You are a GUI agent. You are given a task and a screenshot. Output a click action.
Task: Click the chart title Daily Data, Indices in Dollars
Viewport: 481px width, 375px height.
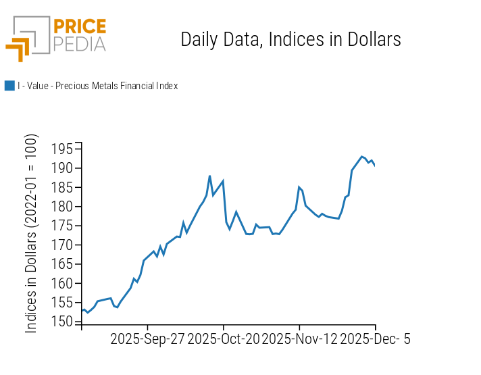click(290, 39)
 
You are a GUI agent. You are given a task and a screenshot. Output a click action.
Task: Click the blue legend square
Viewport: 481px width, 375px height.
click(9, 86)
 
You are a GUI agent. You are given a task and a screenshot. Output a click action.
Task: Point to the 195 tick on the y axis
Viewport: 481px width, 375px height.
click(62, 149)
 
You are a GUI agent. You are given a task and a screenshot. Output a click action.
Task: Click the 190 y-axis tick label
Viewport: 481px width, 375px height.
click(62, 168)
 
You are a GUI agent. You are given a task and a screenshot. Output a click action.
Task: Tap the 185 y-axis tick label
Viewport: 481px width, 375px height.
click(62, 187)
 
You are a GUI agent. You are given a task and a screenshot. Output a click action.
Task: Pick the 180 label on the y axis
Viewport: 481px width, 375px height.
click(62, 207)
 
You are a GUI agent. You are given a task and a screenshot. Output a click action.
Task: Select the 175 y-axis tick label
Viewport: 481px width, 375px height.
click(62, 226)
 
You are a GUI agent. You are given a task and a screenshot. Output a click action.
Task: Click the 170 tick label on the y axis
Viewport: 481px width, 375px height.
click(62, 245)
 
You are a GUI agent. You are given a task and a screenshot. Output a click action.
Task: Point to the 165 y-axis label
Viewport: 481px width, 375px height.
click(62, 264)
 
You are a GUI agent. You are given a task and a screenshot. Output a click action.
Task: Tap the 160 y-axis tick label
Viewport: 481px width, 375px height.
click(62, 284)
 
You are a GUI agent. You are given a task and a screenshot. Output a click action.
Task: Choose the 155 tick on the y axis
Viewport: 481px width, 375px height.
click(62, 303)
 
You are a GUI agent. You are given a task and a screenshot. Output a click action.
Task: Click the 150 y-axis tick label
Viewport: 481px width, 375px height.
click(62, 322)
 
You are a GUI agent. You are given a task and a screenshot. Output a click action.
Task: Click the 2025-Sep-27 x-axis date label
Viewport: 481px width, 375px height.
click(147, 339)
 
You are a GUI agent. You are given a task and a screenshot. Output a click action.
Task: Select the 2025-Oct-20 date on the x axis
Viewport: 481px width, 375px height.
click(224, 339)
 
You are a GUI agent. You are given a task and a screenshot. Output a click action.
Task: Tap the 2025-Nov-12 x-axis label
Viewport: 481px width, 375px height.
click(299, 339)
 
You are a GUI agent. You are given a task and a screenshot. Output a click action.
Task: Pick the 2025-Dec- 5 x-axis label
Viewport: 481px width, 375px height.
click(375, 339)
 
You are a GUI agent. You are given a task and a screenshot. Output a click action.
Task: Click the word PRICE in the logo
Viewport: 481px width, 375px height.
click(80, 27)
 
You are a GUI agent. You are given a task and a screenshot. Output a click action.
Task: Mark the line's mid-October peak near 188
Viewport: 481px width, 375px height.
click(209, 176)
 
